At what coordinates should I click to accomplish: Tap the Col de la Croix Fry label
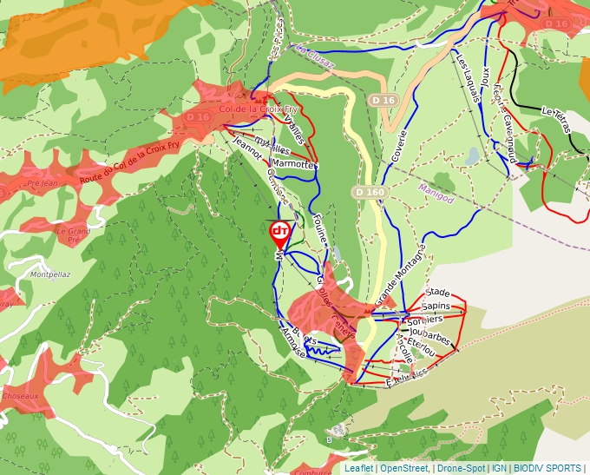click(x=259, y=109)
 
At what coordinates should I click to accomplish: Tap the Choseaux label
click(x=21, y=395)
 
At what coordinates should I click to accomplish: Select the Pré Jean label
click(x=42, y=183)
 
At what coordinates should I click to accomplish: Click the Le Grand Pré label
click(x=74, y=236)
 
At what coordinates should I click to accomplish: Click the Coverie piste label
click(x=400, y=148)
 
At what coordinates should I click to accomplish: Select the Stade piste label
click(x=438, y=293)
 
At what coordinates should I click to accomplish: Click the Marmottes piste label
click(x=294, y=163)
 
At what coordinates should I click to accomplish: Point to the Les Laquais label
click(x=469, y=76)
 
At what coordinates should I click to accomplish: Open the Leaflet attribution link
click(x=358, y=468)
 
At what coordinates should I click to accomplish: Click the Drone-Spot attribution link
click(x=461, y=468)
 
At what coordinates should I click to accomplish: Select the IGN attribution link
click(x=500, y=468)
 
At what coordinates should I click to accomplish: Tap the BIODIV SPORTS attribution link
click(x=547, y=468)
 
